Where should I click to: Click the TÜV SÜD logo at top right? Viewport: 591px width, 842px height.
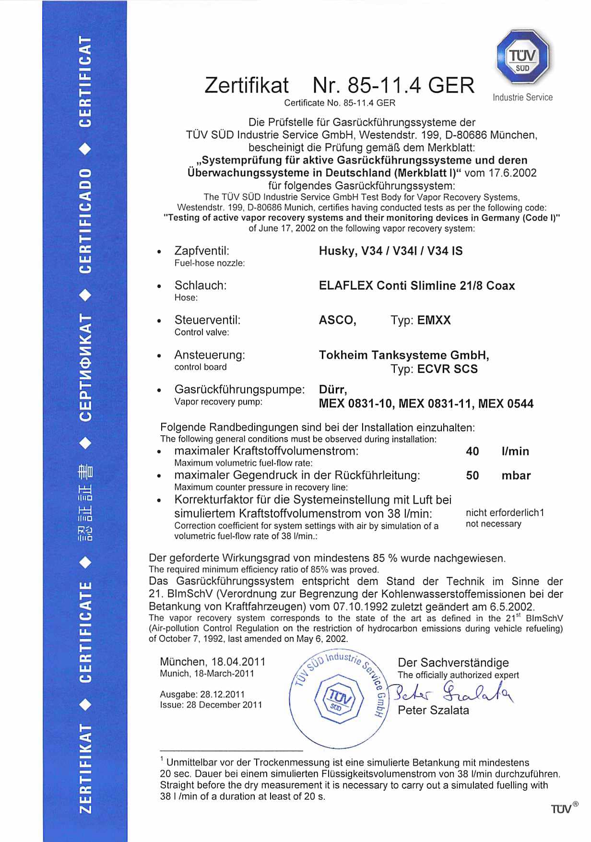point(522,57)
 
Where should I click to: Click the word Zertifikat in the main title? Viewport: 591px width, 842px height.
point(247,85)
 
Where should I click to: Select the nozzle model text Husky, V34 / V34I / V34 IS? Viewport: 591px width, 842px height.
point(390,251)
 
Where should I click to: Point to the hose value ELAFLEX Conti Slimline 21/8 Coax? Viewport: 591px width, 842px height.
point(416,286)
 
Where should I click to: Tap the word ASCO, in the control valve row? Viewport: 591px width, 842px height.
point(337,320)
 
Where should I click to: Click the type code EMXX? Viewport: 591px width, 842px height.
point(434,320)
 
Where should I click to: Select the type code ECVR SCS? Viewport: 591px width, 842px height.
point(447,369)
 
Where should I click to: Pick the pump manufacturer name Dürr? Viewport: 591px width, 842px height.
point(332,389)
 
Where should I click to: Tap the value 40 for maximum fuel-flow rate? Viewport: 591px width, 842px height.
point(472,451)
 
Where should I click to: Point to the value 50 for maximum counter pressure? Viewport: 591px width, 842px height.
point(472,476)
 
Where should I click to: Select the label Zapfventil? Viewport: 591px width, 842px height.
point(201,251)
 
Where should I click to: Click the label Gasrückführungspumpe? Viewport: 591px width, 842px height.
point(239,389)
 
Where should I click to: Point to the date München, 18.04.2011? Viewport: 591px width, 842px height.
point(213,662)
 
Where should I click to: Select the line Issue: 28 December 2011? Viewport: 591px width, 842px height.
point(211,705)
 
